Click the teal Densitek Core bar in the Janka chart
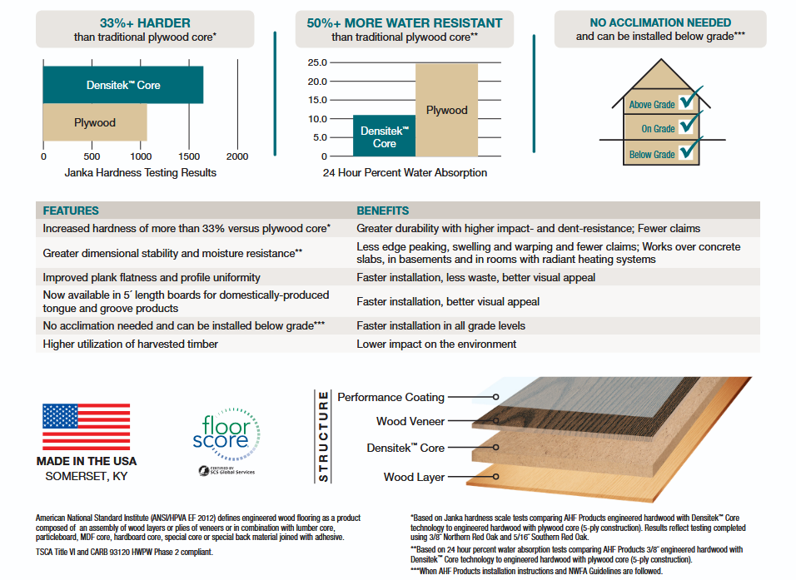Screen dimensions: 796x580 pyautogui.click(x=123, y=85)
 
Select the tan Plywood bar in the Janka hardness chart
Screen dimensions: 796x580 pyautogui.click(x=95, y=122)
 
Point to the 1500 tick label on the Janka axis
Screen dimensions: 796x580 pyautogui.click(x=189, y=156)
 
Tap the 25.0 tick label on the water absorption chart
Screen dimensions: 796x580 pyautogui.click(x=317, y=62)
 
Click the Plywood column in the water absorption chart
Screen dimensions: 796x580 pyautogui.click(x=447, y=110)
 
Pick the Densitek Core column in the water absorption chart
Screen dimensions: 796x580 pyautogui.click(x=385, y=136)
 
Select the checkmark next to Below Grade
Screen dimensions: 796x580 pyautogui.click(x=690, y=147)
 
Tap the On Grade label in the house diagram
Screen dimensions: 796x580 pyautogui.click(x=658, y=129)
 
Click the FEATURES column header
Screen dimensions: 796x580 pyautogui.click(x=71, y=211)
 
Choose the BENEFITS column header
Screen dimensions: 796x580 pyautogui.click(x=383, y=211)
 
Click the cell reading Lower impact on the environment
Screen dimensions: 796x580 pyautogui.click(x=436, y=344)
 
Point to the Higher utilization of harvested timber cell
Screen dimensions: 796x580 pyautogui.click(x=130, y=344)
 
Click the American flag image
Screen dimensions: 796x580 pyautogui.click(x=87, y=427)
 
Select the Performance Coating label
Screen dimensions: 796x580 pyautogui.click(x=391, y=397)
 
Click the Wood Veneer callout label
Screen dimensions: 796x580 pyautogui.click(x=410, y=421)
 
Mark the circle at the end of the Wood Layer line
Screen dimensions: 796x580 pyautogui.click(x=496, y=477)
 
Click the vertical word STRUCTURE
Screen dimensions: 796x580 pyautogui.click(x=323, y=436)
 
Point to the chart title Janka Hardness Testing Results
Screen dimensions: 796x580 pyautogui.click(x=140, y=172)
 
